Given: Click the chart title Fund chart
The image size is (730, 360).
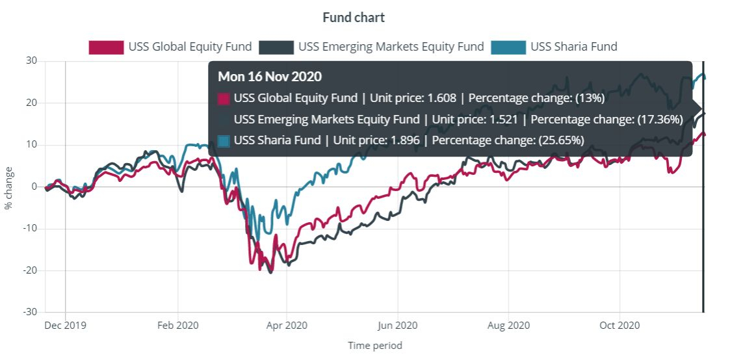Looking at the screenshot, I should pos(354,17).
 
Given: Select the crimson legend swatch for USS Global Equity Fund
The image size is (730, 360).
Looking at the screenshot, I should pos(106,47).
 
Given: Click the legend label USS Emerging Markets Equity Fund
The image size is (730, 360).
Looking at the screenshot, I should pos(391,47).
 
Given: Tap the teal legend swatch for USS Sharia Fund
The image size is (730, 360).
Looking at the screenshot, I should pos(508,47).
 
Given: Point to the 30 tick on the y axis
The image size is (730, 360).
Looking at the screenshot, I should pos(31,61).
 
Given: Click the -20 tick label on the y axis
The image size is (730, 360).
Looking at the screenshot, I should pos(29,270).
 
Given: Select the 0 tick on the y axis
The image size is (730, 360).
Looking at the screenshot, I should pos(34,186).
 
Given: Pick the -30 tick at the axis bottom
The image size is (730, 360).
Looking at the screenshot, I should pos(29,312).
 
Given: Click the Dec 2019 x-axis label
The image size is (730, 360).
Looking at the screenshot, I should pos(66,325).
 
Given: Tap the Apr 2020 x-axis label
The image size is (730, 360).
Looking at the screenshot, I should pos(287,325).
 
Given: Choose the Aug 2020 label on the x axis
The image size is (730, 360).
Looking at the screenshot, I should pos(509,325).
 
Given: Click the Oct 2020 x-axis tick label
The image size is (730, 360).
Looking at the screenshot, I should pos(620,325).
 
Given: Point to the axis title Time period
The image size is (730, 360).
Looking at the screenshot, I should pos(375,346).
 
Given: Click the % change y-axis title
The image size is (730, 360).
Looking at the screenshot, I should pos(8,186).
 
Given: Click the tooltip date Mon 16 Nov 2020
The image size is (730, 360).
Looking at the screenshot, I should pos(270,77).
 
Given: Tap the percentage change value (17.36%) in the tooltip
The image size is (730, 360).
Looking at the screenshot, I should pos(658,120).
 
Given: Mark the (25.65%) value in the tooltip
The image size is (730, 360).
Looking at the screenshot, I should pos(560,140).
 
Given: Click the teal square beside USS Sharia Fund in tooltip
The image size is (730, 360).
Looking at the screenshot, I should pos(224,140).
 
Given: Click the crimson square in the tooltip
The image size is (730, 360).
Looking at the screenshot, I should pos(224,98).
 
